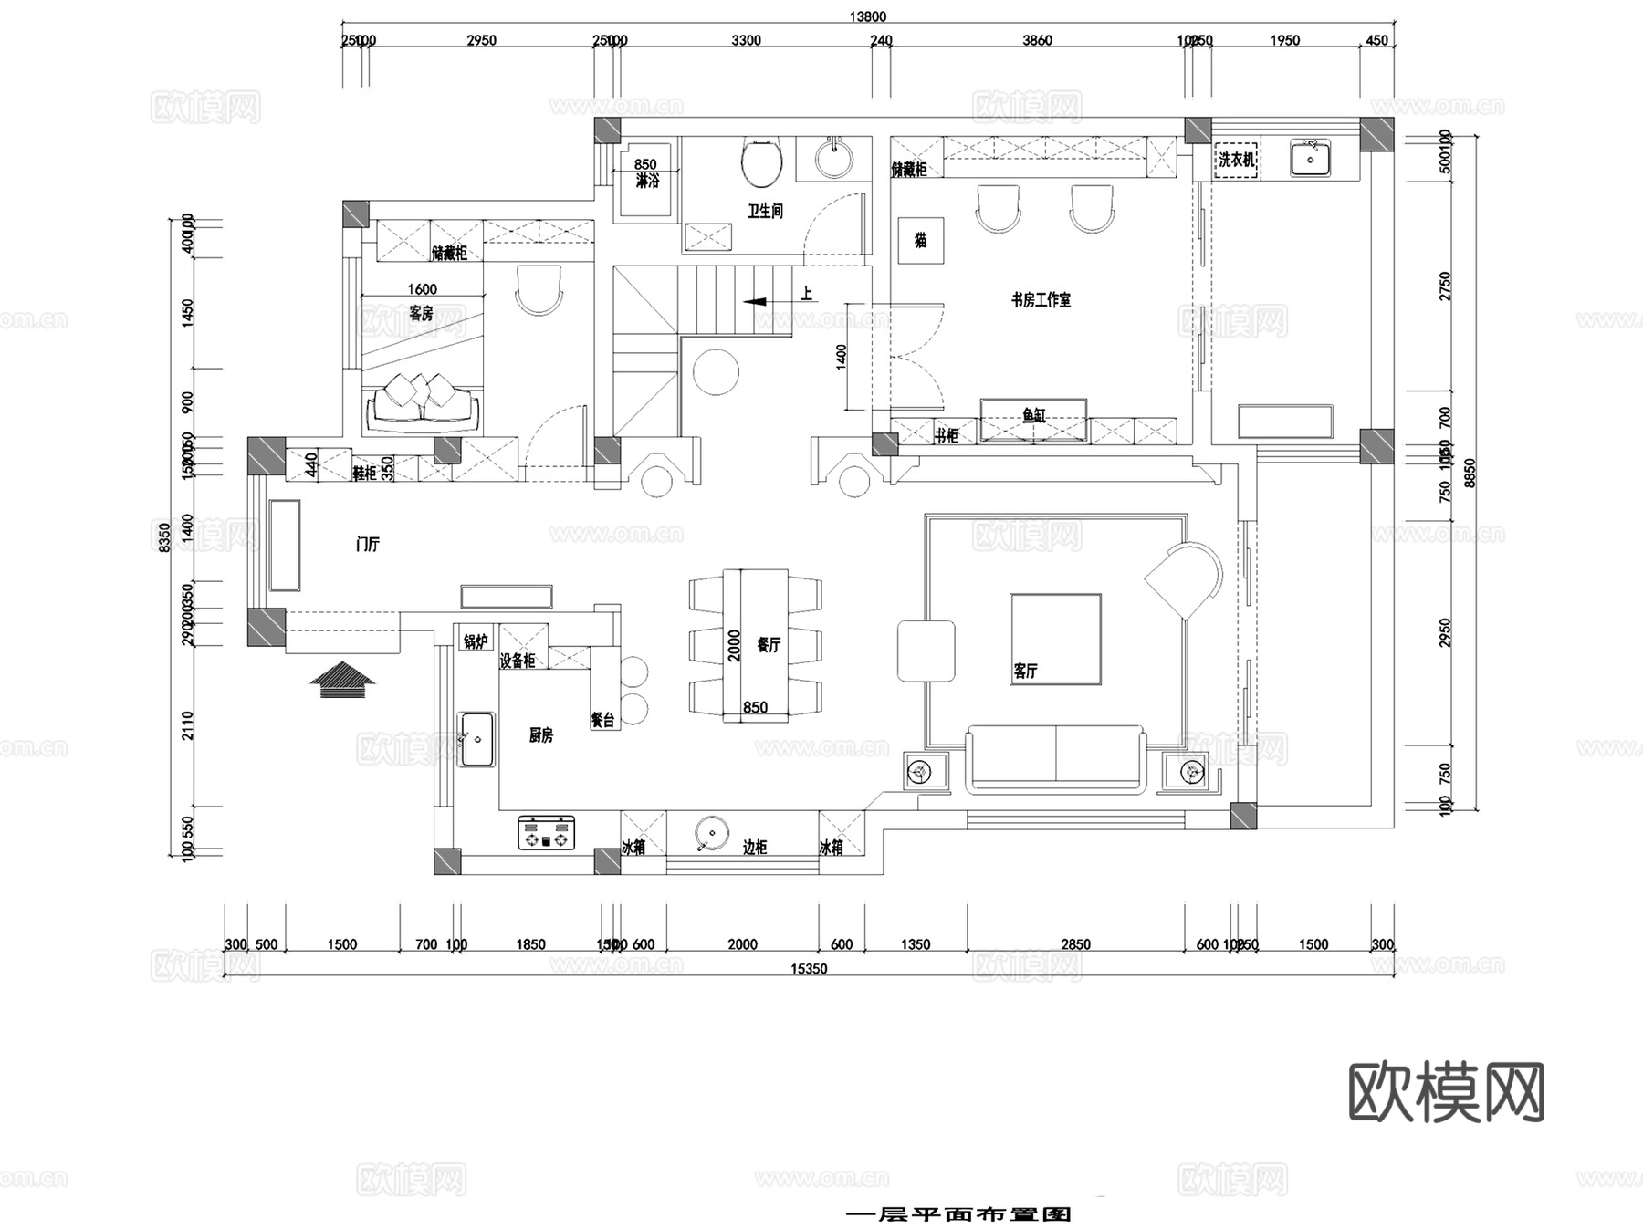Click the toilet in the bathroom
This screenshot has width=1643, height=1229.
pos(761,162)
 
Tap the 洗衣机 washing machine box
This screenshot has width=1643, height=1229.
pos(1237,160)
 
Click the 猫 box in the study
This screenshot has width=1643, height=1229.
pos(920,240)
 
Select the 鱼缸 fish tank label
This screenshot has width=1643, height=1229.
pos(1033,416)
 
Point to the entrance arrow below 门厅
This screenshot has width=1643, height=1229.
pos(342,680)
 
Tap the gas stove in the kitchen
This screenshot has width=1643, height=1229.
pos(547,832)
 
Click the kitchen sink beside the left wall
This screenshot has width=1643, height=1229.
pos(476,739)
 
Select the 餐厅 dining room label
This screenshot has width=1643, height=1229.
pos(769,645)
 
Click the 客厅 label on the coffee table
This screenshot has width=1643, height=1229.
pos(1025,672)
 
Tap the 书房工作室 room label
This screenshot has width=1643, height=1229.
pos(1041,299)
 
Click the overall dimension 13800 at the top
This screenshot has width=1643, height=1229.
pos(867,16)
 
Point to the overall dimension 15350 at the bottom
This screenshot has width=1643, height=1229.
pos(809,969)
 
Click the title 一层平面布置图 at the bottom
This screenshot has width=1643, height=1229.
pos(958,1214)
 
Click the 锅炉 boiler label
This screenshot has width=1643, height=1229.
pos(476,641)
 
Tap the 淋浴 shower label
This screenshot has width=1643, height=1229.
pos(646,181)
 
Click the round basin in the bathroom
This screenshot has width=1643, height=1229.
pos(833,159)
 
